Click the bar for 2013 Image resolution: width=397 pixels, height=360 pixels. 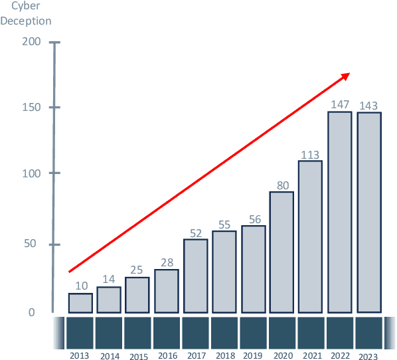[x=80, y=303]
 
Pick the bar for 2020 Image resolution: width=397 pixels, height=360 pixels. [x=282, y=252]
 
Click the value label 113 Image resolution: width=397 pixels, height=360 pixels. [x=311, y=155]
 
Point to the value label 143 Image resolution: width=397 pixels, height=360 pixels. [x=369, y=106]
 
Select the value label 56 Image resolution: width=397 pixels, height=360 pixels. [x=253, y=220]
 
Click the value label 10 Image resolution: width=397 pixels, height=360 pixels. [x=80, y=286]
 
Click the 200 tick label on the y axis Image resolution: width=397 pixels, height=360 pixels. [x=32, y=42]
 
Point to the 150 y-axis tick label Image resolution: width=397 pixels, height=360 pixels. [x=32, y=108]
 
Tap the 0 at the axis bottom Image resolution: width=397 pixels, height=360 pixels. [x=31, y=313]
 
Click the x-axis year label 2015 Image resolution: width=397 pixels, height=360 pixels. [x=139, y=357]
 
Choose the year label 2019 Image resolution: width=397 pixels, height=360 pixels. [x=253, y=356]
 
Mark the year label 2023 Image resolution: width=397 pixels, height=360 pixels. [x=368, y=356]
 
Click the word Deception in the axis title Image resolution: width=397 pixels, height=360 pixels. [x=26, y=20]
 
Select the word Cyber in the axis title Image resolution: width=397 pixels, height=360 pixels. [x=27, y=6]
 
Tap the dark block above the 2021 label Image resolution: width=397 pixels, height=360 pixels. [x=311, y=332]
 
